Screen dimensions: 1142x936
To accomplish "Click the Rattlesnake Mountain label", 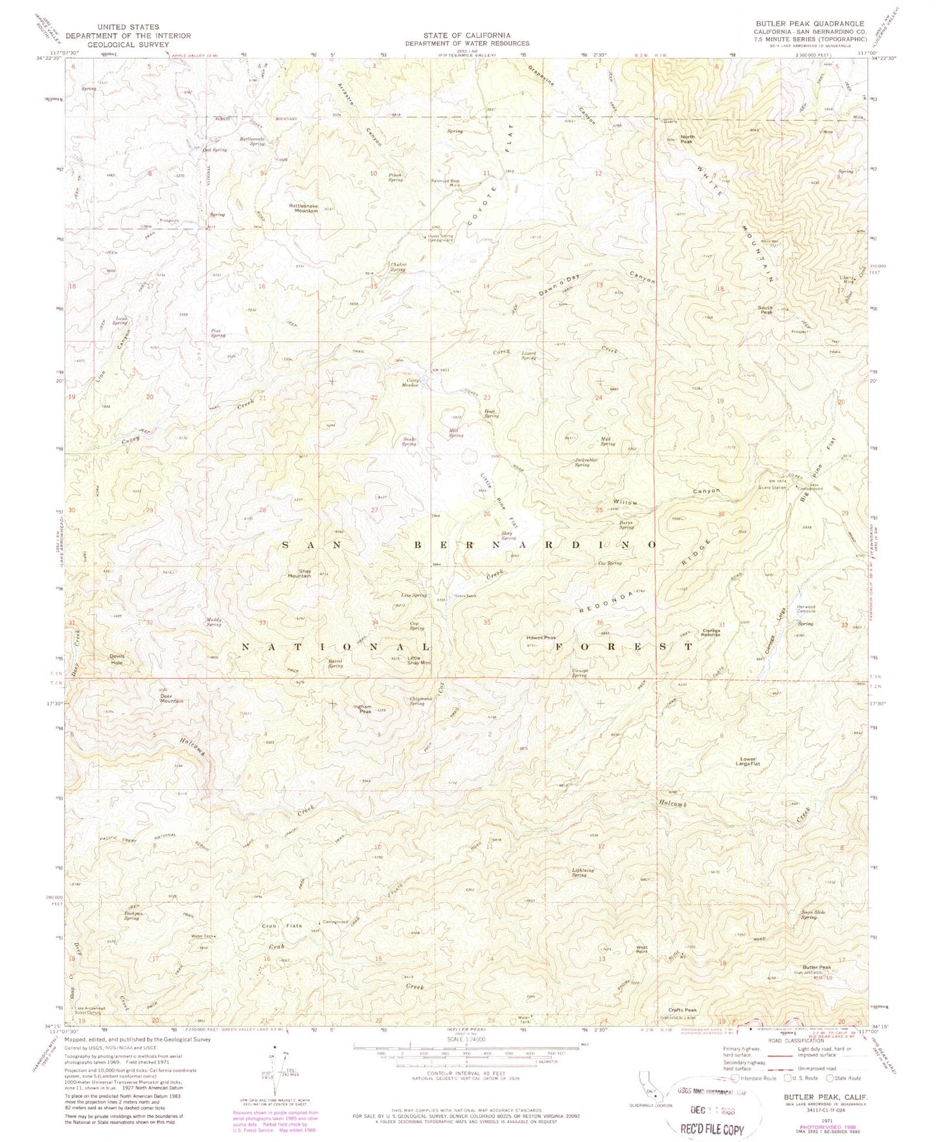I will (x=303, y=208).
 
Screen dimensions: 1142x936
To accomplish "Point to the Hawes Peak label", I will (x=541, y=637).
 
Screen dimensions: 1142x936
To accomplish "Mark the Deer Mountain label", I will (x=172, y=698).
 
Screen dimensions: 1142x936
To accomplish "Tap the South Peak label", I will (x=766, y=310).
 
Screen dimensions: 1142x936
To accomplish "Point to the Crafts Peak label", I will (x=683, y=1010).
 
